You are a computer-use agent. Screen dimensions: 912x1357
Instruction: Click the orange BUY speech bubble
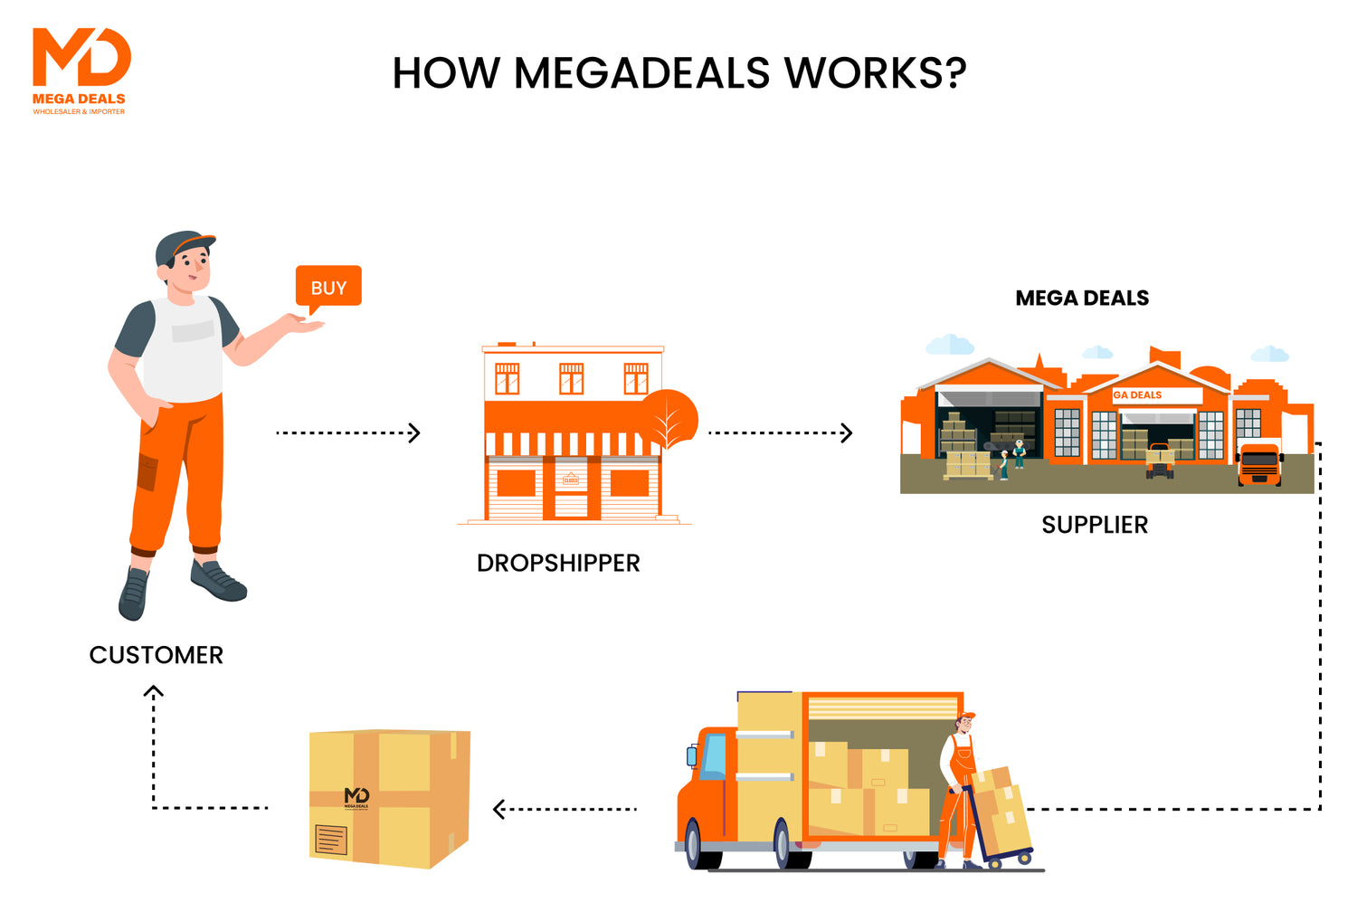(328, 287)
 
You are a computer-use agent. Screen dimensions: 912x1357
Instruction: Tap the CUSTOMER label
(157, 655)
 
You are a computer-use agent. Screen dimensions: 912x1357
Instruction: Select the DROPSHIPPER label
(558, 563)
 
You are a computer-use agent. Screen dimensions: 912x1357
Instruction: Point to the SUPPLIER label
(1095, 525)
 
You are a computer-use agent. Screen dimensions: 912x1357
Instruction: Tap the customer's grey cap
(180, 245)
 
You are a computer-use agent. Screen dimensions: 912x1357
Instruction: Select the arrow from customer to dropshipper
(348, 432)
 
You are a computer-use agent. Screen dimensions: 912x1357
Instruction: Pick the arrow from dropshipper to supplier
(781, 432)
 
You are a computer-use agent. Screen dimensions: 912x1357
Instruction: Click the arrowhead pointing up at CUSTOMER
(154, 692)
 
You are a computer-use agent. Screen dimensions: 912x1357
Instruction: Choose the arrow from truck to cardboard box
(565, 809)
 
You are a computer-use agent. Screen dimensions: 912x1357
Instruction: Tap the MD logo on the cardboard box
(356, 797)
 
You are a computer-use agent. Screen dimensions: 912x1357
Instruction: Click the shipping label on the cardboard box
(330, 840)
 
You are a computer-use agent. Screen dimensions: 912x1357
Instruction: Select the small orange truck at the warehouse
(1259, 464)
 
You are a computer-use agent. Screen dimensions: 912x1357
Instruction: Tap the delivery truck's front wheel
(693, 844)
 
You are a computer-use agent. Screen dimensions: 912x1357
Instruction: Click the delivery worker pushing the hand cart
(959, 787)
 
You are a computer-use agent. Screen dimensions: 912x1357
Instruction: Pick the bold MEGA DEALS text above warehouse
(1082, 299)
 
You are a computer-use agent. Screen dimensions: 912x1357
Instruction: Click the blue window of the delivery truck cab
(714, 756)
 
